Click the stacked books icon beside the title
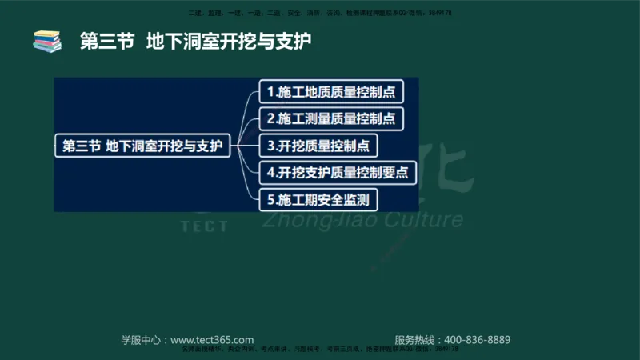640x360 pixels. click(46, 41)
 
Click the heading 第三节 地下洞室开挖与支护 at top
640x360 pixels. click(195, 41)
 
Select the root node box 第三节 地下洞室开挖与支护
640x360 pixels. click(142, 146)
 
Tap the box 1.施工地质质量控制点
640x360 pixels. click(330, 91)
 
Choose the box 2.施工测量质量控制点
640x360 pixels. click(330, 118)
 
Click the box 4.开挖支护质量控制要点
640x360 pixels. click(337, 172)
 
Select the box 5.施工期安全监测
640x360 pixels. click(318, 198)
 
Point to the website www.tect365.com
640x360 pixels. click(213, 339)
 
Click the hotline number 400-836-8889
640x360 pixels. click(477, 339)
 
